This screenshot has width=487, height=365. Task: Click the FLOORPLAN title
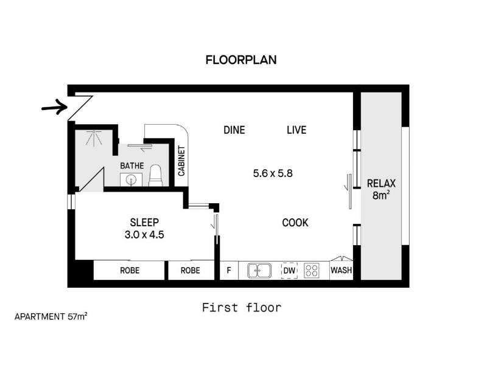pos(241,60)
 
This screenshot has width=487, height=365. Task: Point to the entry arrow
pos(55,108)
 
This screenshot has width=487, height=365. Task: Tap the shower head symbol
pos(94,138)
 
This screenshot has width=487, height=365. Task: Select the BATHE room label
pos(132,165)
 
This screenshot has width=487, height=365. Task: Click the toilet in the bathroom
pos(155,176)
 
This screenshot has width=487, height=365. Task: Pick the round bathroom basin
pos(131,179)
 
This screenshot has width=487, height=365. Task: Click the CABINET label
pos(181,161)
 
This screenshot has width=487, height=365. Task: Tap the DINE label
pos(234,130)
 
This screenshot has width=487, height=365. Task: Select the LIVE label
pos(296,130)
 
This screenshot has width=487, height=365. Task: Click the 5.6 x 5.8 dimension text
pos(273,173)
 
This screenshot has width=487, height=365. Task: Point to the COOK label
pos(295,223)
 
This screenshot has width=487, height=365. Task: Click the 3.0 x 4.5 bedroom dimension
pos(144,235)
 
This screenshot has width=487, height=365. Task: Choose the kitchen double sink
pos(259,271)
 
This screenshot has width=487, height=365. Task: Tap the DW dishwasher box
pos(289,271)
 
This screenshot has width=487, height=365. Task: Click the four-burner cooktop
pos(312,271)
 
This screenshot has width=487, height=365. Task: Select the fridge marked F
pos(229,270)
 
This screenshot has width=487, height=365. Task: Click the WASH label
pos(341,270)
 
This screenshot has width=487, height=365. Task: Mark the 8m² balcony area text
pos(381,195)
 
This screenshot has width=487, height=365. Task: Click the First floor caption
pos(242,308)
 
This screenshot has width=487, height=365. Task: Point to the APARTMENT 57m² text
pos(51,316)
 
